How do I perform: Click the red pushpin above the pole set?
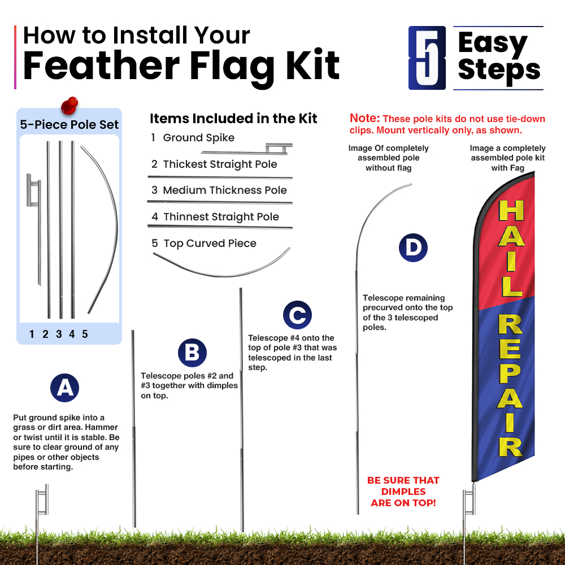pyautogui.click(x=69, y=106)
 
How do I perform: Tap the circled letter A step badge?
pyautogui.click(x=64, y=388)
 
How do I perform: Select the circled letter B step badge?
pyautogui.click(x=192, y=353)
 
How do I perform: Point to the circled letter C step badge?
pyautogui.click(x=297, y=315)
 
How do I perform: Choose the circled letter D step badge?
pyautogui.click(x=413, y=247)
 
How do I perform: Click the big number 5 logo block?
pyautogui.click(x=427, y=58)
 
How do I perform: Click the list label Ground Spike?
pyautogui.click(x=198, y=138)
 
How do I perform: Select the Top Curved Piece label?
pyautogui.click(x=210, y=243)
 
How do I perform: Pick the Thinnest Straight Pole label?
pyautogui.click(x=221, y=216)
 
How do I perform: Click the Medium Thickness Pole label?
pyautogui.click(x=225, y=190)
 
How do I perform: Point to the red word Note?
pyautogui.click(x=364, y=118)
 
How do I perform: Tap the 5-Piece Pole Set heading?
pyautogui.click(x=69, y=124)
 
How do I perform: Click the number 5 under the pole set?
pyautogui.click(x=85, y=334)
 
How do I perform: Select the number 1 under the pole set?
pyautogui.click(x=32, y=334)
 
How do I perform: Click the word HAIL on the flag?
pyautogui.click(x=511, y=248)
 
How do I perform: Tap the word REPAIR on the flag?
pyautogui.click(x=511, y=385)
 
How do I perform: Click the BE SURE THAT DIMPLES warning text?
pyautogui.click(x=403, y=492)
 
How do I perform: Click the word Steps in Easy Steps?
pyautogui.click(x=499, y=70)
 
